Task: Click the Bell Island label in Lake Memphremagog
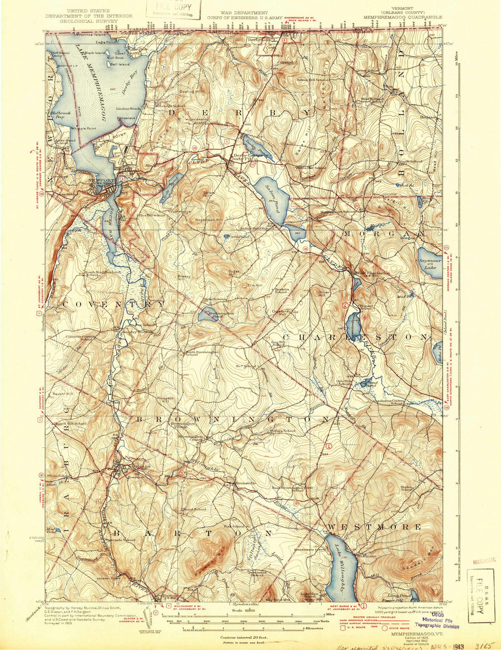pos(120,64)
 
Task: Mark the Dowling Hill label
pos(192,91)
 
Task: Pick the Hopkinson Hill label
pos(209,220)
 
